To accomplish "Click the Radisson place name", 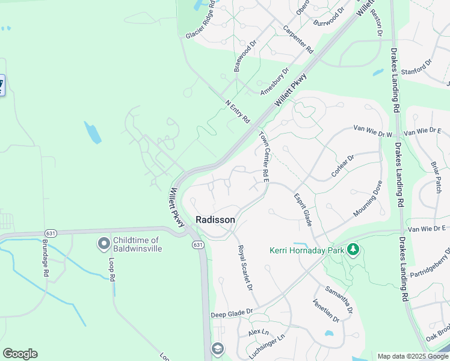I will coord(215,220).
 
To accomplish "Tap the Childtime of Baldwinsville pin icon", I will coord(103,244).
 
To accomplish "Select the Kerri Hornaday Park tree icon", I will coord(354,249).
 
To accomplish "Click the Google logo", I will coord(20,354).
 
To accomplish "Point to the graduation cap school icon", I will coord(217,349).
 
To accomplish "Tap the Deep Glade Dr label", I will coord(233,314).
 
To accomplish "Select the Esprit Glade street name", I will coord(303,209).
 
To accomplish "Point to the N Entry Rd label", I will coord(237,111).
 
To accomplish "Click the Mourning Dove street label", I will coord(368,199).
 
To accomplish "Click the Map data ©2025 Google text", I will coord(413,356).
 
